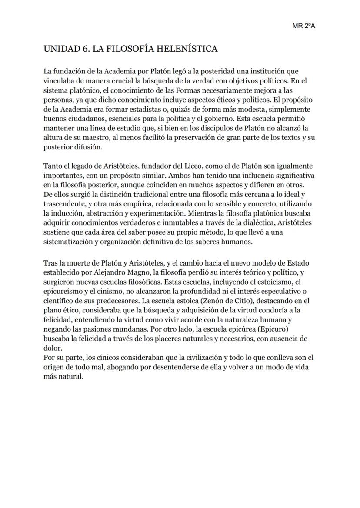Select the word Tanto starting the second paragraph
coord(53,166)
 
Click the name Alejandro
coord(113,272)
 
